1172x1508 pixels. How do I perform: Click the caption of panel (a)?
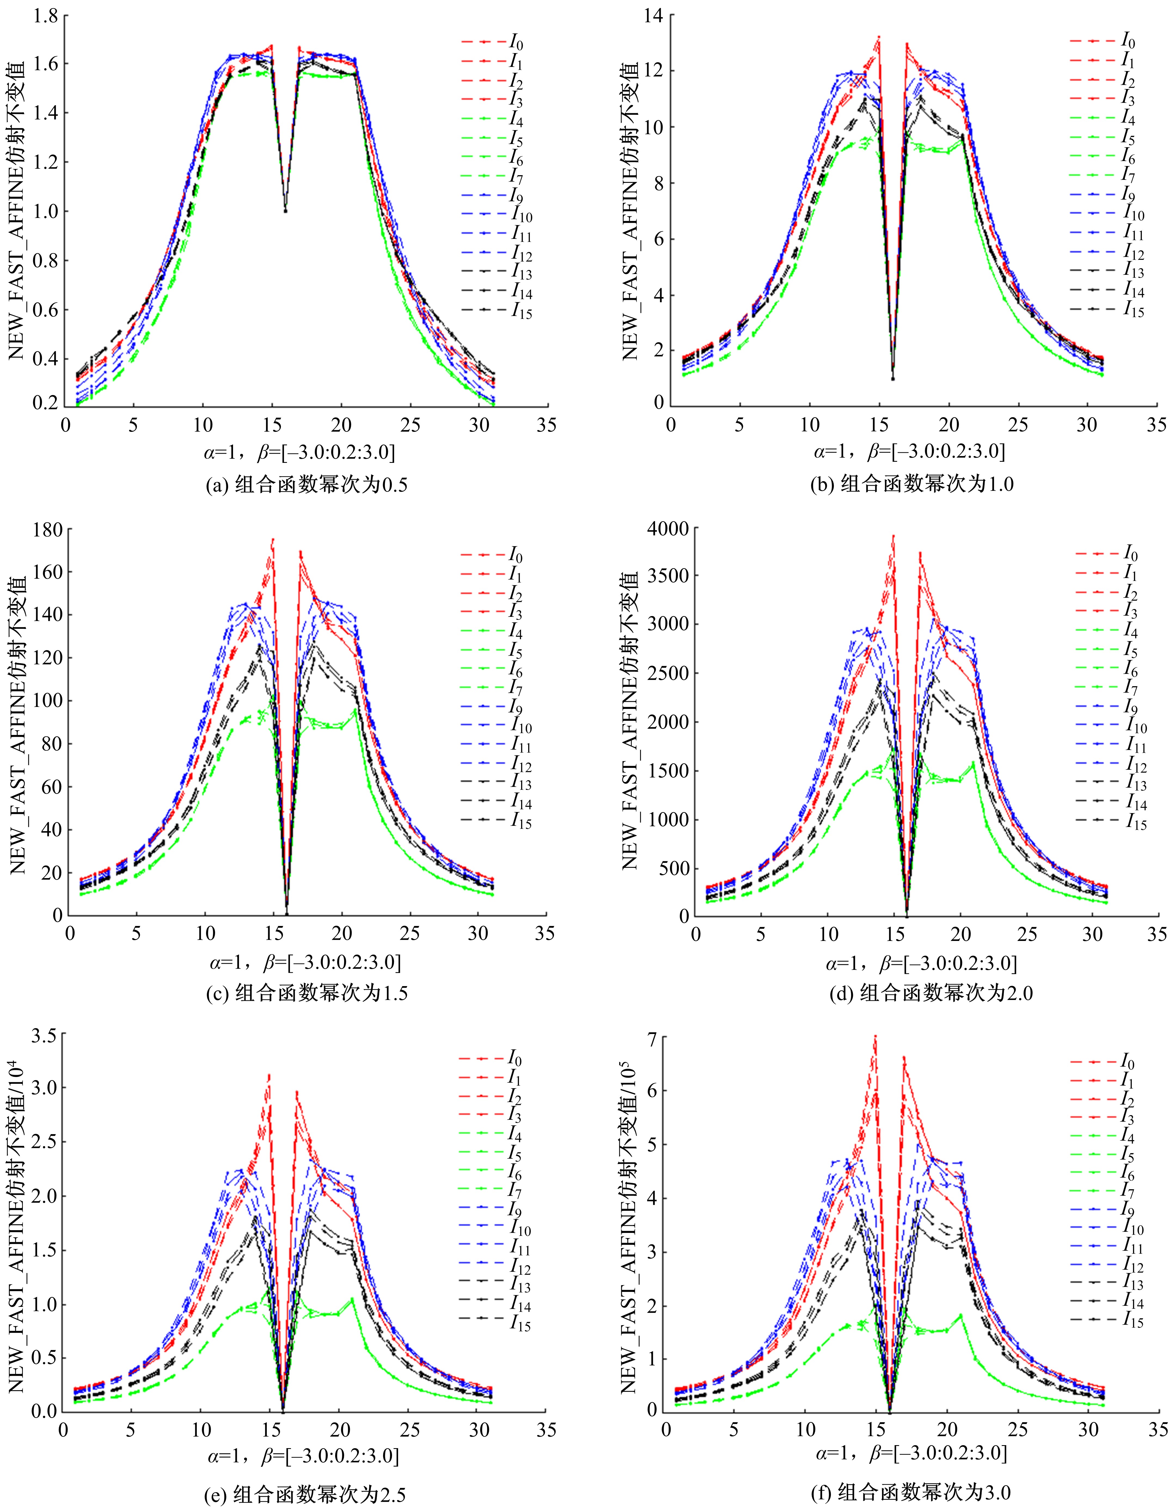pyautogui.click(x=307, y=485)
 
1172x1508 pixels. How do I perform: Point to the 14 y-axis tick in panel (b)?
pyautogui.click(x=653, y=15)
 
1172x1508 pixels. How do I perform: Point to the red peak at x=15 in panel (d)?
pyautogui.click(x=893, y=536)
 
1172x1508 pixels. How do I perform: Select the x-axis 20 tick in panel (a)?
pyautogui.click(x=341, y=425)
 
